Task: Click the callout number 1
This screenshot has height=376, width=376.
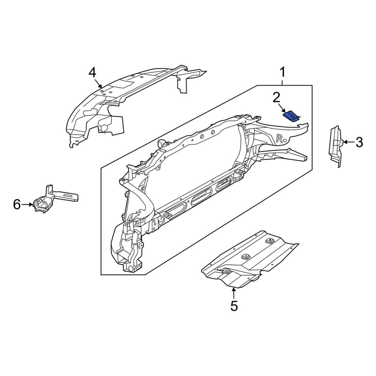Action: [282, 72]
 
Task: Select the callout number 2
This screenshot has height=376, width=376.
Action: [276, 98]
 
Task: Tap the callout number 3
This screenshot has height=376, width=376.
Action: [359, 143]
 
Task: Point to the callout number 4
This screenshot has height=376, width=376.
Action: [92, 72]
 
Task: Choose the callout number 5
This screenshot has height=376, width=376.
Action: [234, 306]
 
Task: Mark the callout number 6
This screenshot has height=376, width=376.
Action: [17, 205]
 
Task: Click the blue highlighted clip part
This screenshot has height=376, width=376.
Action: [292, 116]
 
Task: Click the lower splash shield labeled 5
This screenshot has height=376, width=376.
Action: [248, 261]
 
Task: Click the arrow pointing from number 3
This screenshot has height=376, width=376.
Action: [347, 143]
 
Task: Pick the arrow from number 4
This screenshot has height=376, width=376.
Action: [99, 84]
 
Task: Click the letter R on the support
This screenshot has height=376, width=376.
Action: [280, 138]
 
